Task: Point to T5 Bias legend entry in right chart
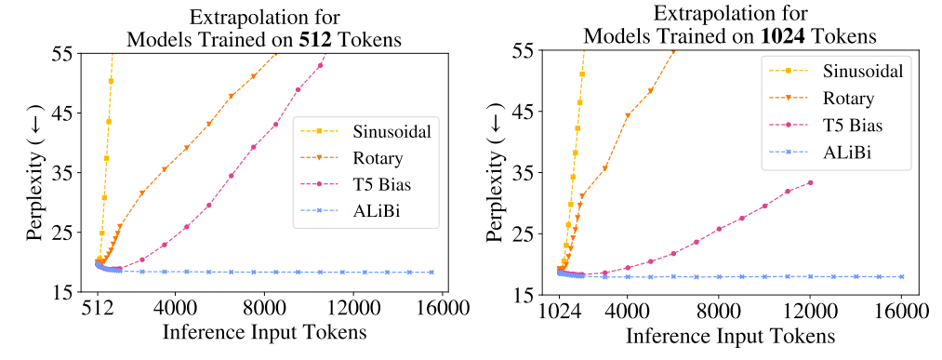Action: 847,123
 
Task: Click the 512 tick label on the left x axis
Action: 97,307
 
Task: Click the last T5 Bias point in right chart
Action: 810,182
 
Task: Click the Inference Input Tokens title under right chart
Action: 731,335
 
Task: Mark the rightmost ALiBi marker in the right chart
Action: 901,277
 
